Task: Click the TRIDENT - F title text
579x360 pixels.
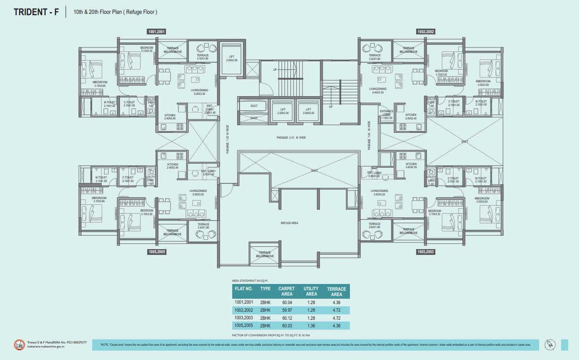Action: (x=36, y=12)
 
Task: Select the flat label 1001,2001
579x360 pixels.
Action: (x=157, y=32)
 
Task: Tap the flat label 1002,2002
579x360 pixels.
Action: (x=425, y=32)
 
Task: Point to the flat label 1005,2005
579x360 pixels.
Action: (x=157, y=252)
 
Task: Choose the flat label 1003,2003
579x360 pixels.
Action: (x=425, y=252)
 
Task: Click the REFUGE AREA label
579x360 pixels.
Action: (x=289, y=223)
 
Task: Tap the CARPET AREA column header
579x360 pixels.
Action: (x=286, y=291)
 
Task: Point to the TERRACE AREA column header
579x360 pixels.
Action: (x=336, y=292)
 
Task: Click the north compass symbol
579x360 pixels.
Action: (x=549, y=344)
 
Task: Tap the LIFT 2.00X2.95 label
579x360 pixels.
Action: (x=231, y=58)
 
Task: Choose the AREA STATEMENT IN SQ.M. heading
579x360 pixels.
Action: (x=249, y=280)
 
